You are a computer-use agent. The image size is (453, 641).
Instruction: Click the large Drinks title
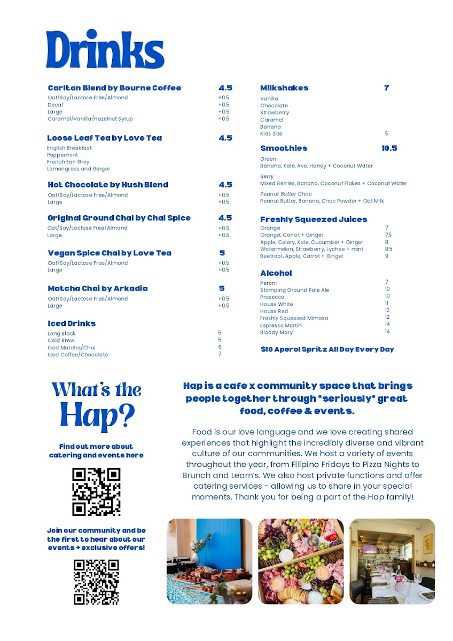[x=105, y=50]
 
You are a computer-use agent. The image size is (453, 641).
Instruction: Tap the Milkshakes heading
[x=284, y=88]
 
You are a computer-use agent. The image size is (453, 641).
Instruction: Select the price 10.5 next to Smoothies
[x=389, y=148]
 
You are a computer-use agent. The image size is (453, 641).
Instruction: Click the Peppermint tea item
[x=63, y=155]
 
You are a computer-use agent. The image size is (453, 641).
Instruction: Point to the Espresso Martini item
[x=281, y=325]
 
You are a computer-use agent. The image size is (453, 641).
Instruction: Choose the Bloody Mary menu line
[x=276, y=332]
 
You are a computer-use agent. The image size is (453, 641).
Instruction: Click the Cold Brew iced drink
[x=61, y=340]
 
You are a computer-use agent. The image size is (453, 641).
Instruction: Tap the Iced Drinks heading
[x=72, y=324]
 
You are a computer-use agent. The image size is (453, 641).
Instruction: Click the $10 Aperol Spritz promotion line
[x=327, y=349]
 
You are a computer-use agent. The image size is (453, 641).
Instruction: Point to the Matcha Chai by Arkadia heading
[x=98, y=288]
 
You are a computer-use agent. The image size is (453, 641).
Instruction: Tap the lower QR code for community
[x=96, y=582]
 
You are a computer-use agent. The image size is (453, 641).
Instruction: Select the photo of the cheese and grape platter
[x=301, y=561]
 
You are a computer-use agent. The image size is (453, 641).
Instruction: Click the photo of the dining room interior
[x=392, y=561]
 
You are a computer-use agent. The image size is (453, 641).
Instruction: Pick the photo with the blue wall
[x=209, y=561]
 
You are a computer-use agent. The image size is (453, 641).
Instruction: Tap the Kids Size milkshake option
[x=271, y=134]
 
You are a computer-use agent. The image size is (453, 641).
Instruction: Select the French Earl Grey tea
[x=68, y=162]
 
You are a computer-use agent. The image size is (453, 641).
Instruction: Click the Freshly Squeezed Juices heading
[x=314, y=220]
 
